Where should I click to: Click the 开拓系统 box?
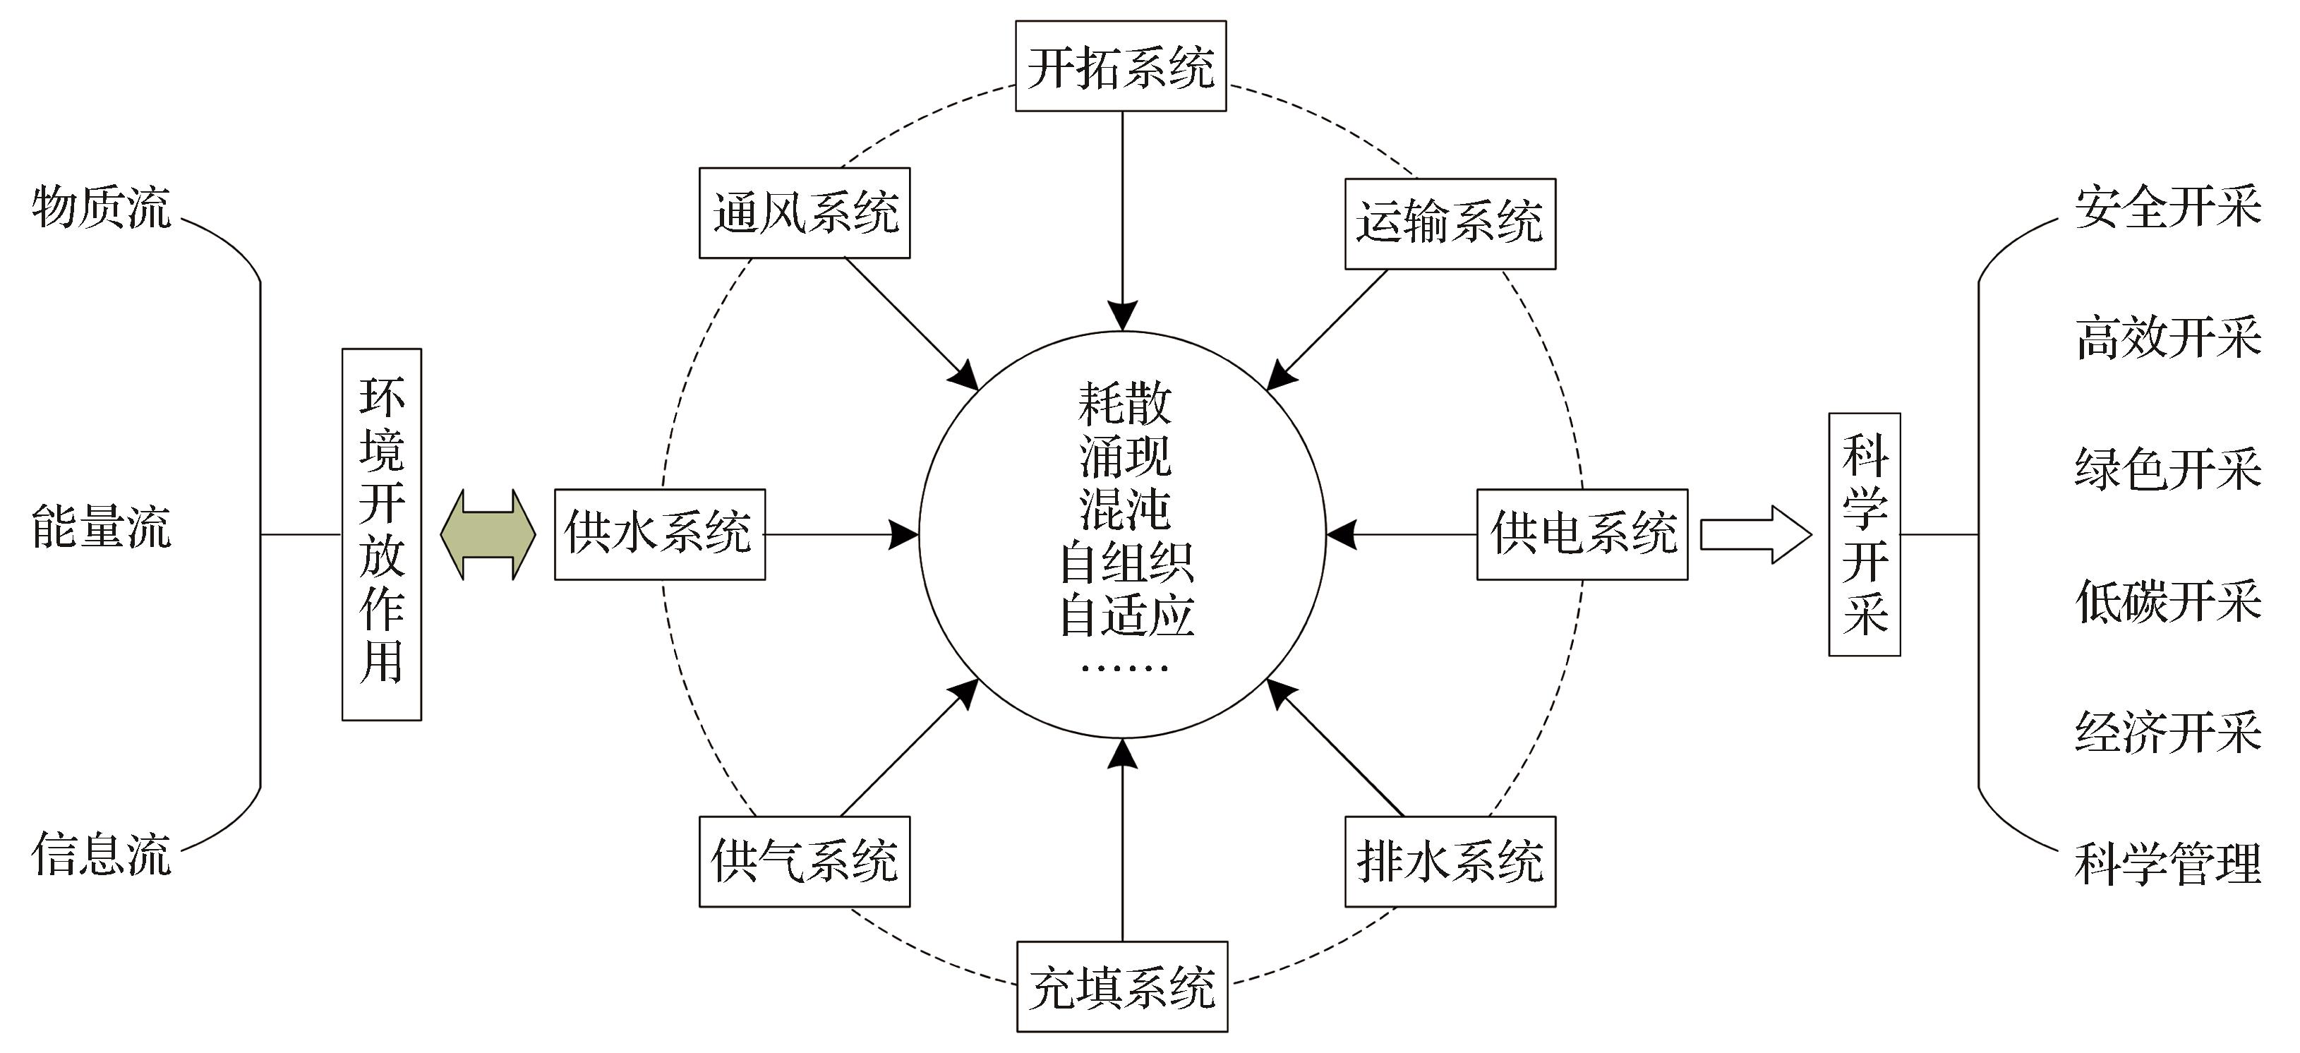click(x=1121, y=67)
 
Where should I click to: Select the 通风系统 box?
click(x=805, y=213)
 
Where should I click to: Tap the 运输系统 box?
click(x=1450, y=223)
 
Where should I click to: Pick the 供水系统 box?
click(x=660, y=534)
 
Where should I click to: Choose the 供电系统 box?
click(x=1582, y=534)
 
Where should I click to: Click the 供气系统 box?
click(x=805, y=861)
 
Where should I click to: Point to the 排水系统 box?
click(x=1450, y=861)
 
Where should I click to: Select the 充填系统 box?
click(x=1121, y=987)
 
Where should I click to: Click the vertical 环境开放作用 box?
click(x=381, y=534)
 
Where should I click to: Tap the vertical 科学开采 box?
click(x=1865, y=534)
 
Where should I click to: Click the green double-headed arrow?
click(x=488, y=534)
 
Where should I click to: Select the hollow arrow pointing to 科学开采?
click(x=1755, y=534)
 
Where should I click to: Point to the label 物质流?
click(x=101, y=208)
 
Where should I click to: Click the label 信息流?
click(x=101, y=854)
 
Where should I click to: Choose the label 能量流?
click(x=101, y=527)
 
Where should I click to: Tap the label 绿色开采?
click(x=2167, y=469)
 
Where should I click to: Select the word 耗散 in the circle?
click(x=1124, y=404)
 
